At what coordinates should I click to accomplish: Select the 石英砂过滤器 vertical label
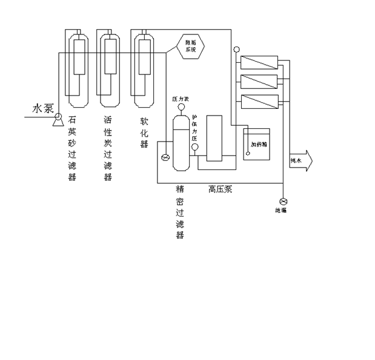tap(73, 148)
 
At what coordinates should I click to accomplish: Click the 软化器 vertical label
tap(144, 132)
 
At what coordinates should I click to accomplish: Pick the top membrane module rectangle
tap(259, 62)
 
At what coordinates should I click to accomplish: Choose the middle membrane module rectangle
tap(259, 81)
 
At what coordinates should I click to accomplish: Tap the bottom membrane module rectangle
tap(259, 101)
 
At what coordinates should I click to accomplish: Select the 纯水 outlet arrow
tap(300, 160)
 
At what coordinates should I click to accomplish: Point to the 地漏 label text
tap(280, 211)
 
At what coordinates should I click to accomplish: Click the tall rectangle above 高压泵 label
tap(214, 139)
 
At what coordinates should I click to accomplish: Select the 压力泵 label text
tap(181, 98)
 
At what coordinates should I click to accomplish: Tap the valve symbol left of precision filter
tap(165, 158)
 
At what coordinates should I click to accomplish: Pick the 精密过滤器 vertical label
tap(180, 212)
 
